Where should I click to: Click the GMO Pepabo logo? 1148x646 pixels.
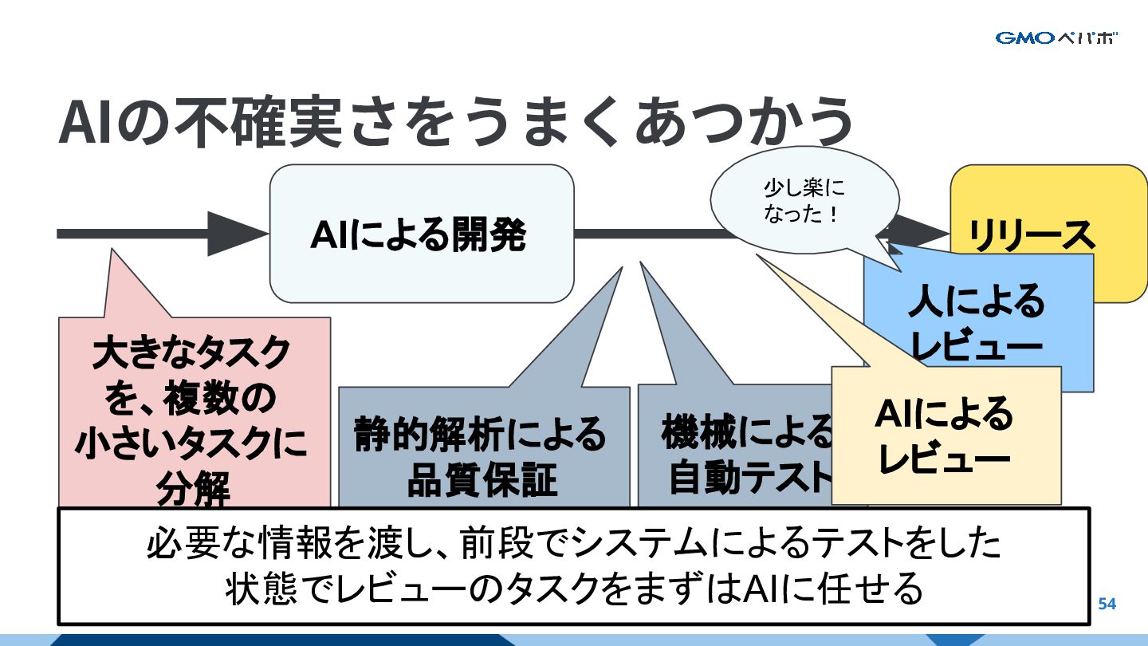[1056, 37]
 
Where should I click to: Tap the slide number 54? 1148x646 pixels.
[1107, 604]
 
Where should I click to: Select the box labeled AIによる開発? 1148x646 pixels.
[421, 234]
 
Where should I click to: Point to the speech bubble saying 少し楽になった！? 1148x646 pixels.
[803, 203]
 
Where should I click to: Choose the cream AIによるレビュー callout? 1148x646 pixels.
[945, 435]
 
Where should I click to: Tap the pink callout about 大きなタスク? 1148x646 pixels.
[194, 415]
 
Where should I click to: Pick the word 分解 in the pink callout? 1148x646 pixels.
[194, 488]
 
